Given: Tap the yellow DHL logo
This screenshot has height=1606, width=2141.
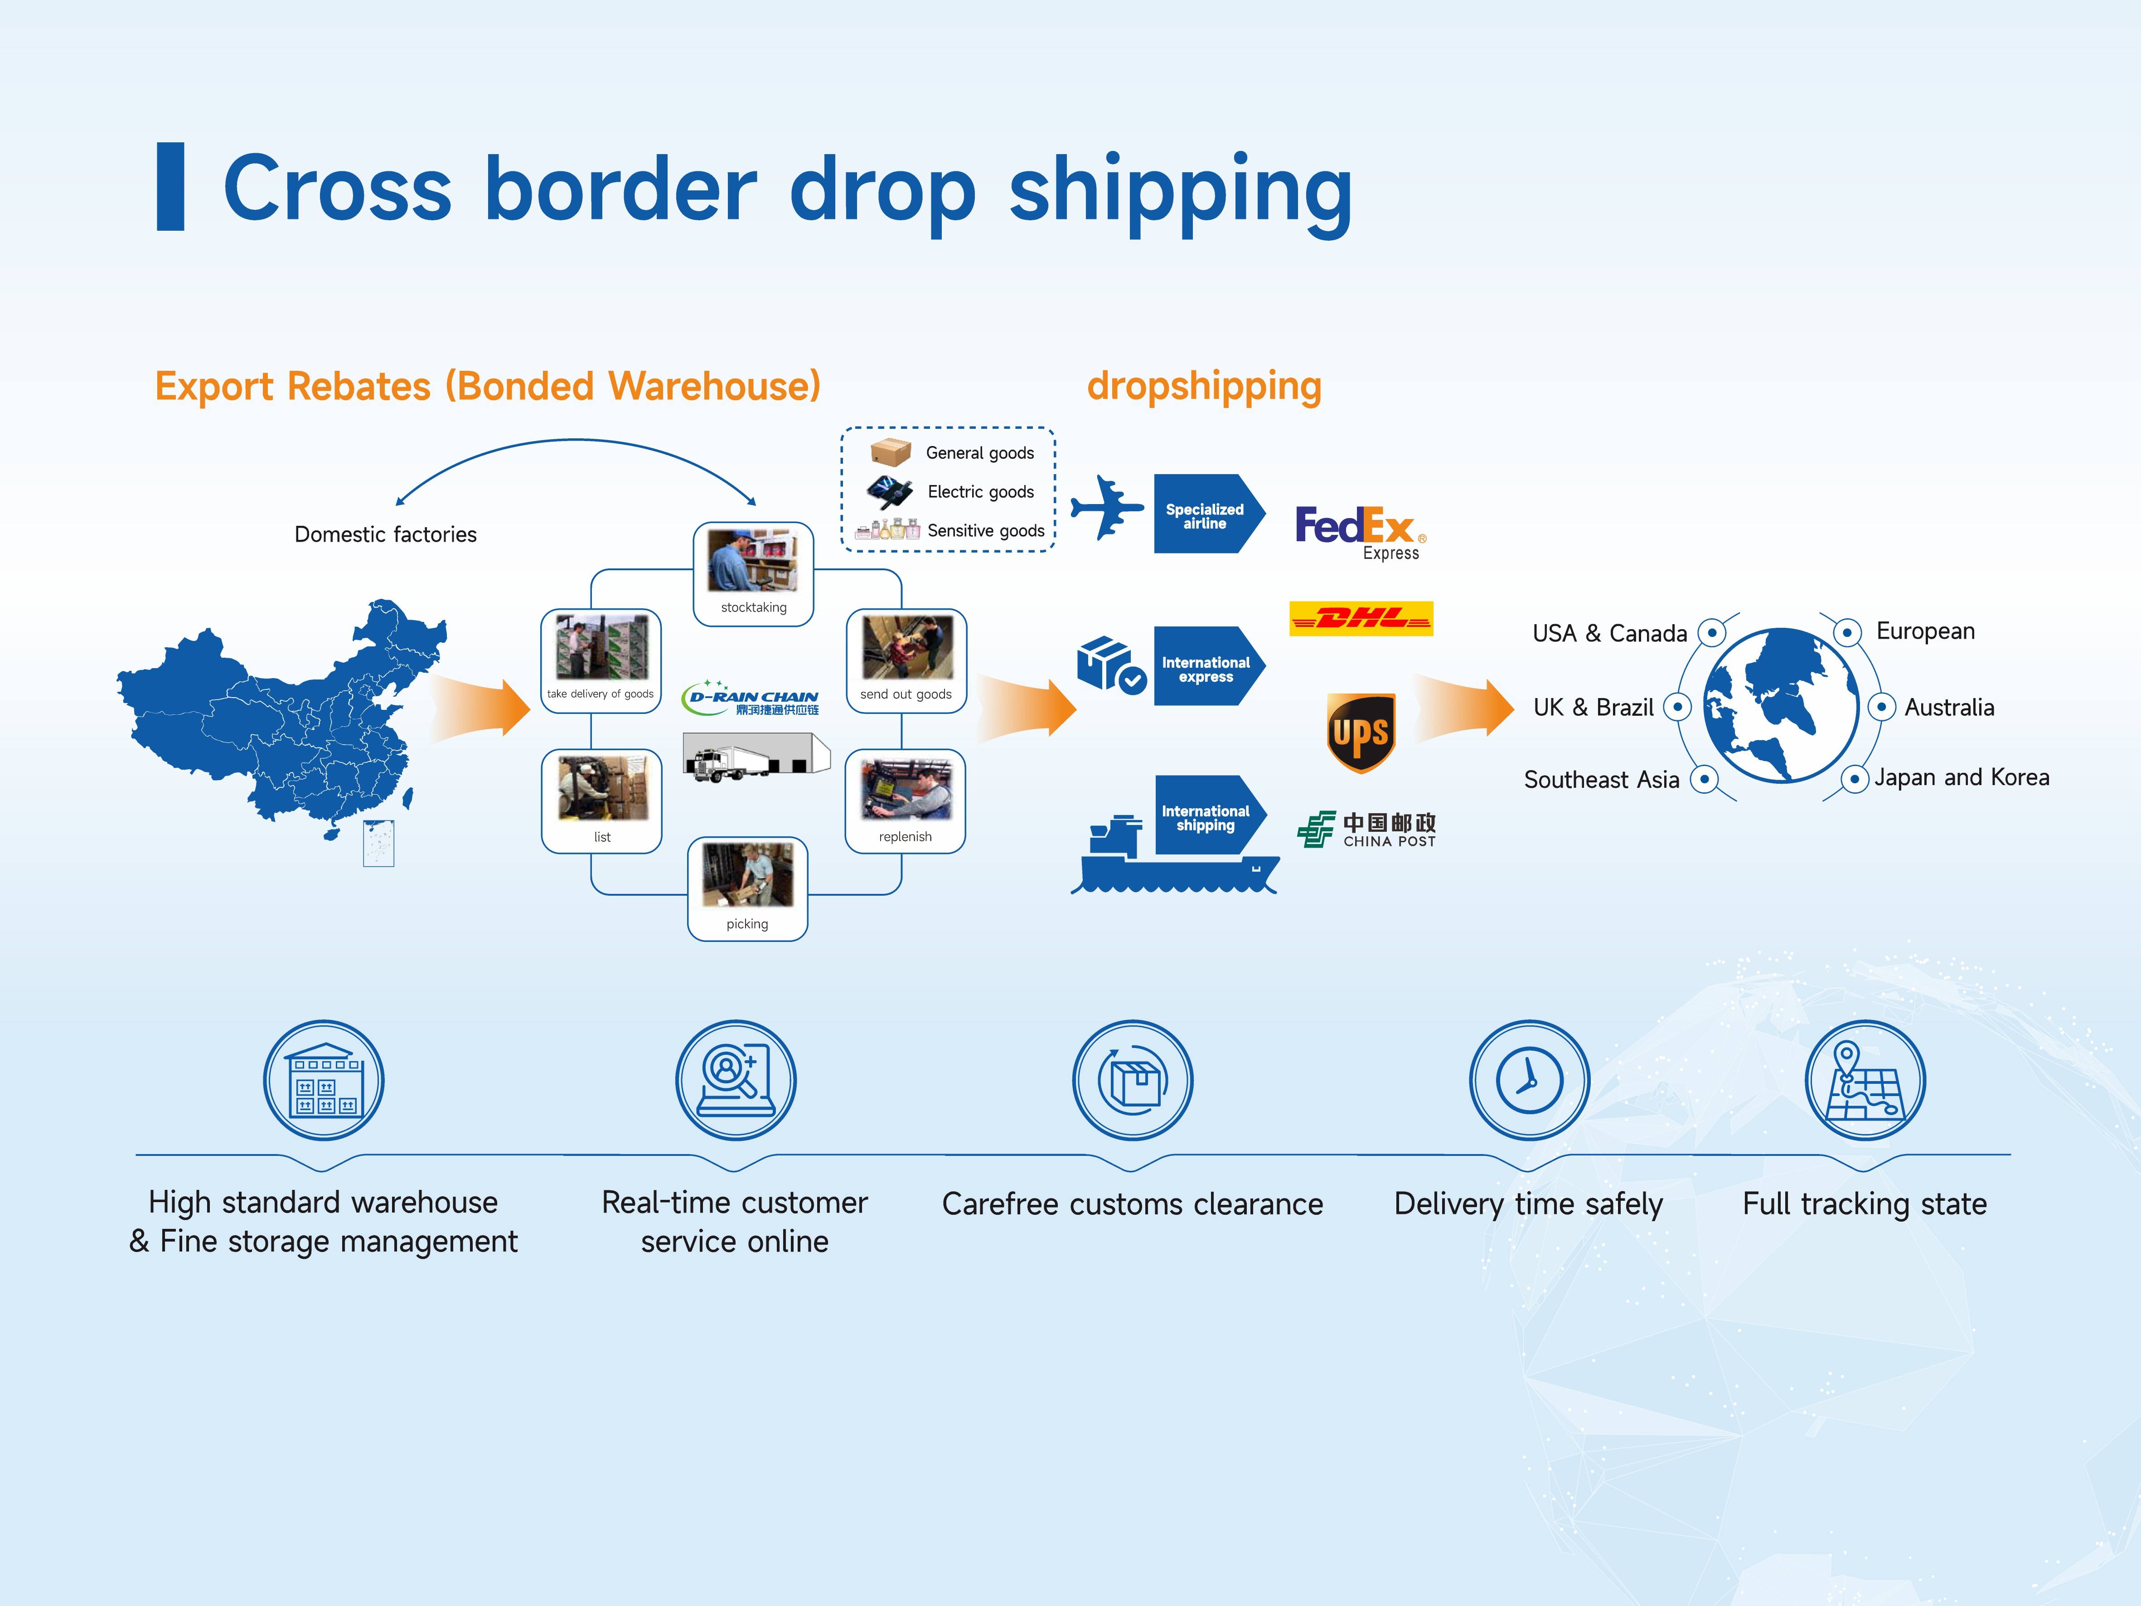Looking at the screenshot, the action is pos(1361,618).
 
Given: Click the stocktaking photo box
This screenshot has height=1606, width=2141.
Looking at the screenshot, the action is pos(753,574).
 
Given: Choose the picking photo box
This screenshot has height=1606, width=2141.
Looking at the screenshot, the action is pos(747,889).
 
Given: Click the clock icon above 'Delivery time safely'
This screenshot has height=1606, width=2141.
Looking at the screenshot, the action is pos(1529,1080).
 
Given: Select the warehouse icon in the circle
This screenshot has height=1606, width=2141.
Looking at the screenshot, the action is pos(324,1080).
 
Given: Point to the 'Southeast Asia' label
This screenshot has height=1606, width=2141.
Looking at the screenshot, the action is pos(1602,779).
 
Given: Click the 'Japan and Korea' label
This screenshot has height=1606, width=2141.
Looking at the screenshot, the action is pos(1962,777).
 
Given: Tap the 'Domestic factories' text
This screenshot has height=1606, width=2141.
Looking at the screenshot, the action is pos(385,534).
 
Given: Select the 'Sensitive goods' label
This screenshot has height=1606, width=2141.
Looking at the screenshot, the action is pos(985,530).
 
